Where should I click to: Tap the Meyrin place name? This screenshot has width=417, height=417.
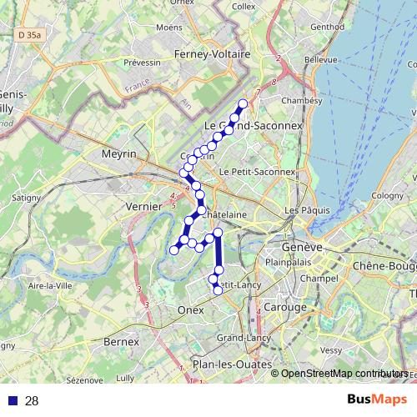tap(118, 154)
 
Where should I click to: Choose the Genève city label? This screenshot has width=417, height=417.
tap(302, 249)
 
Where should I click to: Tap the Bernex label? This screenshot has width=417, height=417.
tap(120, 342)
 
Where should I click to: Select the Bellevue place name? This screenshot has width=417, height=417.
tap(321, 60)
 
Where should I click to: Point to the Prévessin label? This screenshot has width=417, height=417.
tap(142, 63)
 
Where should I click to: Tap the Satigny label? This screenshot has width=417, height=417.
tap(25, 198)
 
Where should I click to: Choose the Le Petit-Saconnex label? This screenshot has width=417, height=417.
tap(257, 172)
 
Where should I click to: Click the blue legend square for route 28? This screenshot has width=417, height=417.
tap(13, 401)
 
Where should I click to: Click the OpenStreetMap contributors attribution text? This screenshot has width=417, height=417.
tap(344, 373)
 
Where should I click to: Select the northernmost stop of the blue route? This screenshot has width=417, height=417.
tap(244, 104)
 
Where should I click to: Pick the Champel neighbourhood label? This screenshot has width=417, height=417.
tap(317, 278)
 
